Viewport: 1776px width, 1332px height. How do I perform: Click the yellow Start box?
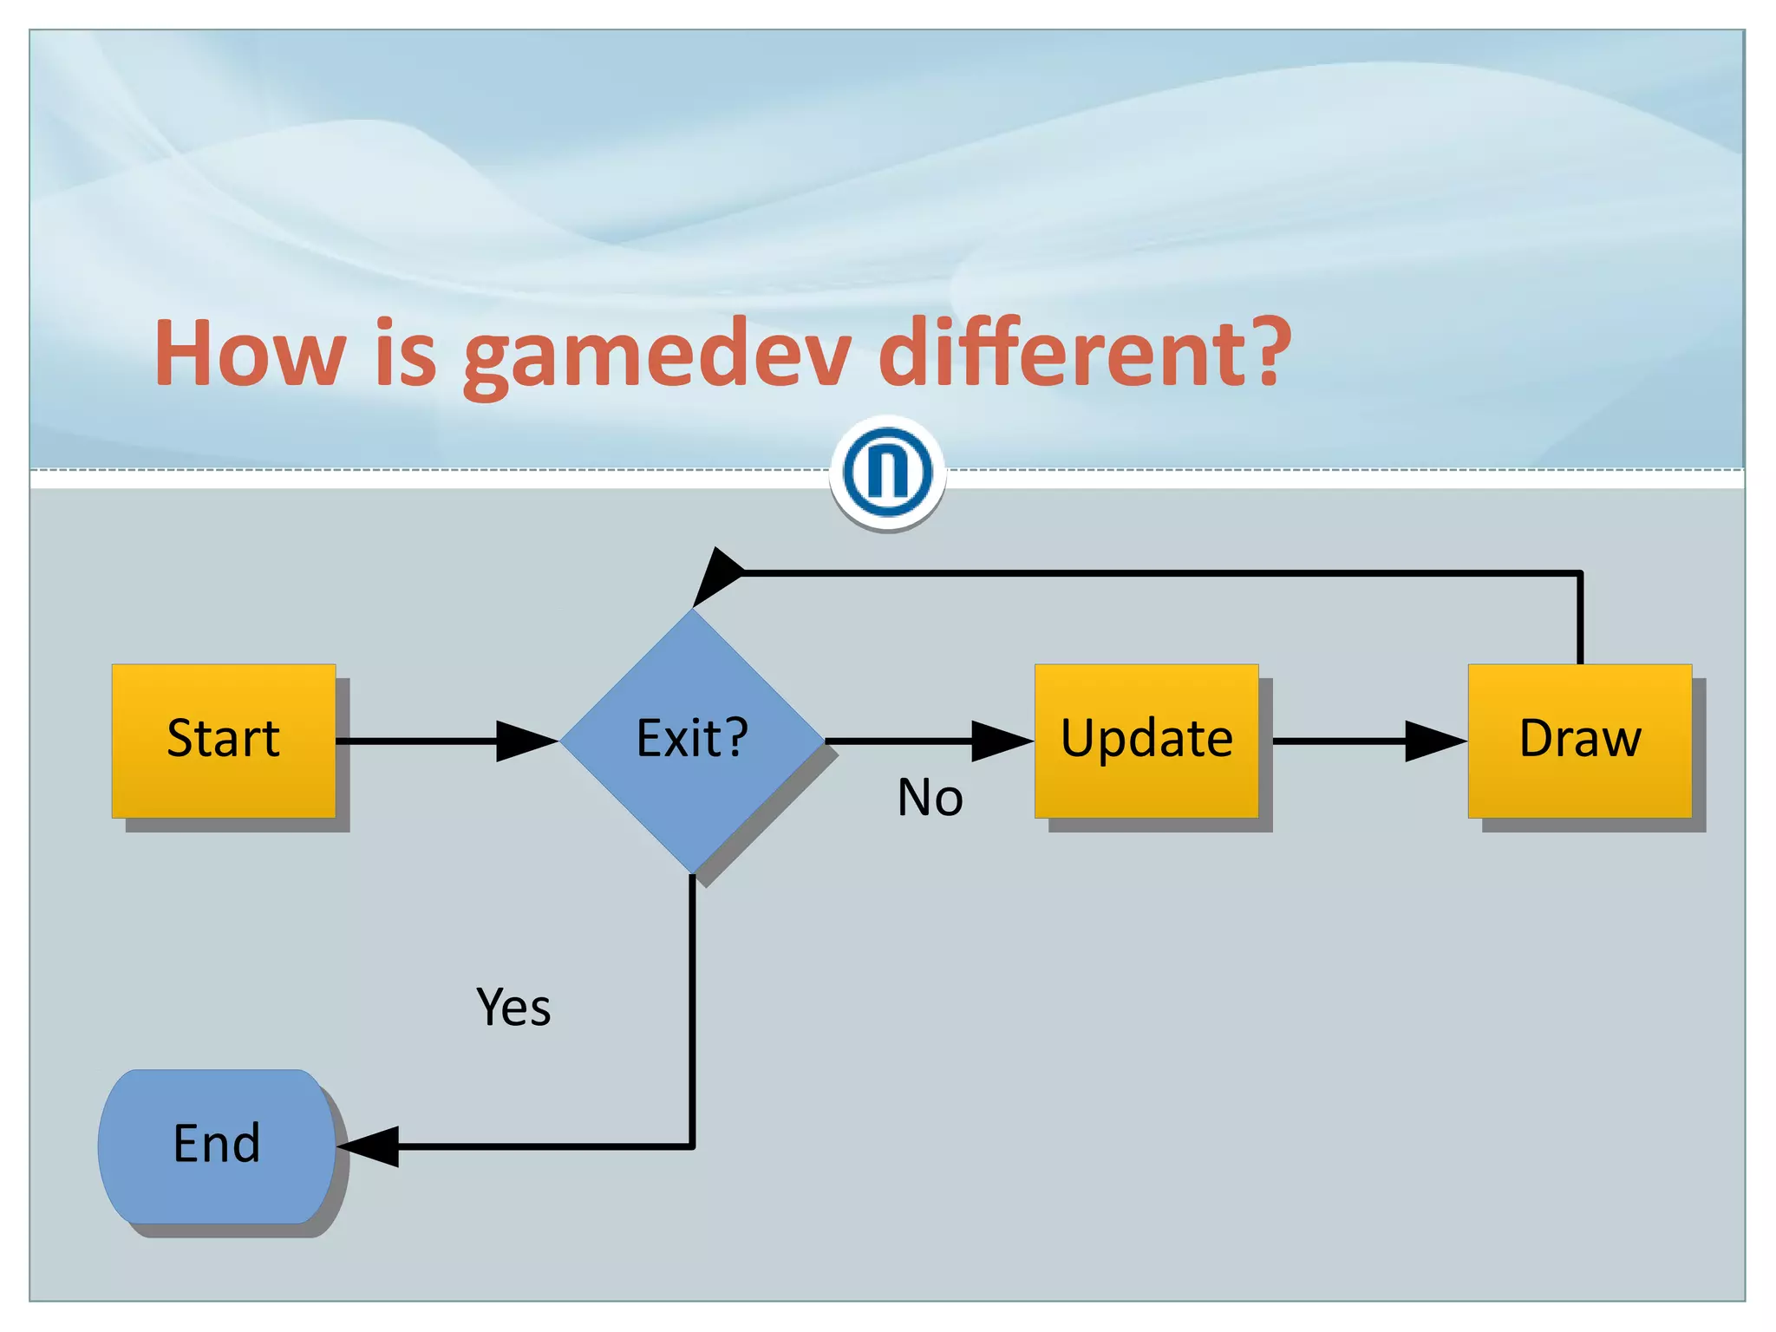coord(223,741)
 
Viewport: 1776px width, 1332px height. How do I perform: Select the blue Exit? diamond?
coord(692,741)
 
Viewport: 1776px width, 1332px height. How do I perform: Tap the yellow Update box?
coord(1146,741)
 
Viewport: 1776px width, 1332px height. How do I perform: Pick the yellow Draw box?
coord(1579,741)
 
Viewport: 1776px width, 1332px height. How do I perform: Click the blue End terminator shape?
coord(216,1146)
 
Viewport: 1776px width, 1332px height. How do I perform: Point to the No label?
coord(930,798)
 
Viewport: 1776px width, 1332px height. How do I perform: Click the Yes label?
coord(513,1008)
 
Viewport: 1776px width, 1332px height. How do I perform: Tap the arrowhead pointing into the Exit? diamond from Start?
coord(526,741)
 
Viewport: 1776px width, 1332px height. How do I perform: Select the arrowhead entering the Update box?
coord(1002,741)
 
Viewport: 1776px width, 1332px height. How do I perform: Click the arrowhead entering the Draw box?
coord(1435,741)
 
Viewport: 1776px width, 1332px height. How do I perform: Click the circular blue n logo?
coord(887,473)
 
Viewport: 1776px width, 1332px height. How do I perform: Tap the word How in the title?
coord(251,354)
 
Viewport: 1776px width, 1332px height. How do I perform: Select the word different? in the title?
coord(1084,354)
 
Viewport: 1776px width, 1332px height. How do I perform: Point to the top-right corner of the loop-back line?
coord(1580,573)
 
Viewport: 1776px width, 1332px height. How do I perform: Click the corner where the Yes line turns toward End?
coord(692,1146)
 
